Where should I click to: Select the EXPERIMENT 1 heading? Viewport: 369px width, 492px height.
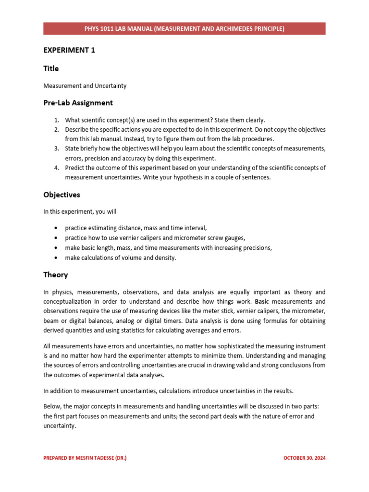tap(69, 50)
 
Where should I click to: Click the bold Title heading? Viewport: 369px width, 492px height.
tap(51, 68)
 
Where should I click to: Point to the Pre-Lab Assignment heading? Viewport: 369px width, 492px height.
tap(78, 102)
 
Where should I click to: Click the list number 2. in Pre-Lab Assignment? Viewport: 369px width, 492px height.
tap(56, 130)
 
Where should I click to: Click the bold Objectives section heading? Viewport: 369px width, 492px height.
tap(61, 195)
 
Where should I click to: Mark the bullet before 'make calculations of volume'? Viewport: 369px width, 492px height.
tap(56, 258)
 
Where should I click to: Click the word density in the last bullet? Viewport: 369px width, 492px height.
tap(166, 258)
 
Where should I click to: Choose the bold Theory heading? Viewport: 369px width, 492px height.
tap(56, 275)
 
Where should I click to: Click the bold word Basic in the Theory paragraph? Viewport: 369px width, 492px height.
tap(262, 302)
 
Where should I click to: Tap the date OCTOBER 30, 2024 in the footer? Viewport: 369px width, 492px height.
tap(305, 458)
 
